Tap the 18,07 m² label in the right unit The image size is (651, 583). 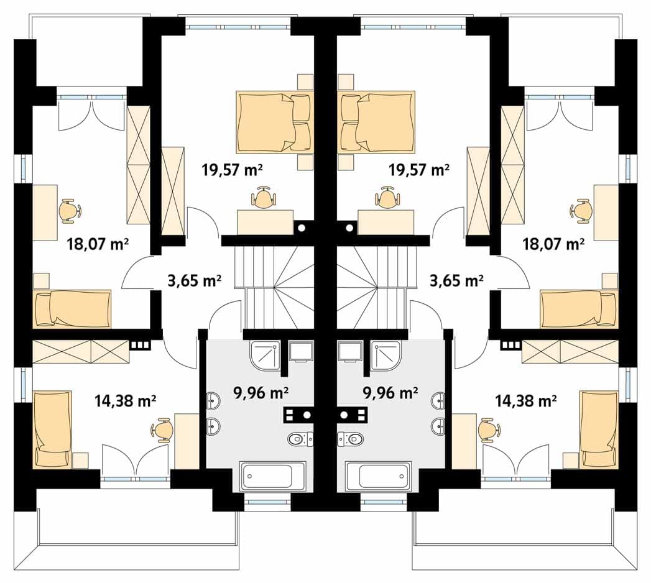click(x=553, y=244)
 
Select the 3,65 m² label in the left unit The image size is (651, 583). click(x=194, y=281)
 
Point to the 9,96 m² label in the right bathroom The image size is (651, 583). click(x=390, y=392)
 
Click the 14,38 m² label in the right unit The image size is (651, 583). click(x=526, y=401)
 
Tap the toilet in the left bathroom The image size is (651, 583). click(x=300, y=439)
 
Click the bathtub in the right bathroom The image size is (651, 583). click(x=378, y=476)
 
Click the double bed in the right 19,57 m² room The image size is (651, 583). click(x=377, y=122)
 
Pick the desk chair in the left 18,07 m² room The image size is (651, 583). click(x=69, y=210)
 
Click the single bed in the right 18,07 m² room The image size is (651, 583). click(x=579, y=309)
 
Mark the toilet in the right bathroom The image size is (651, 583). click(x=351, y=439)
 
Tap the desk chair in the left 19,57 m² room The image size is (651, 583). click(x=263, y=196)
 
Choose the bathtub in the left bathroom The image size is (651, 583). click(x=273, y=476)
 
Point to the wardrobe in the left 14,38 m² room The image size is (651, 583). click(x=81, y=351)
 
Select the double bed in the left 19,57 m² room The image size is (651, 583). click(x=274, y=122)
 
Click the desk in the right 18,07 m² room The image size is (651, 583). click(x=606, y=213)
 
